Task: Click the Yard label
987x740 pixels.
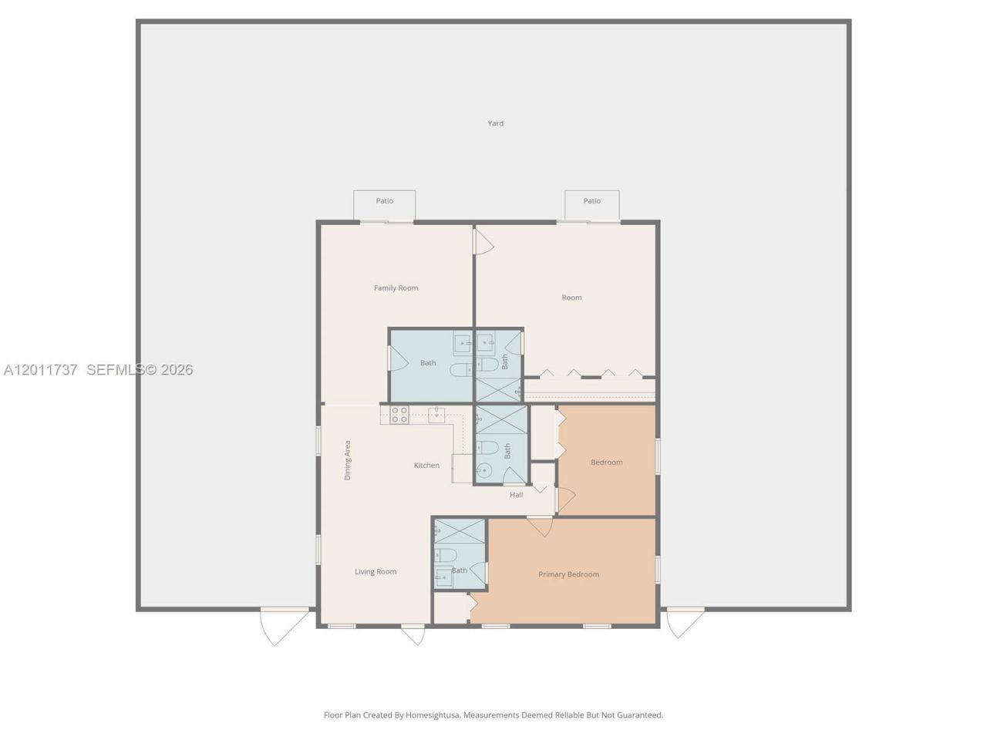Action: [495, 123]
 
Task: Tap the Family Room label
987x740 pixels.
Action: [396, 288]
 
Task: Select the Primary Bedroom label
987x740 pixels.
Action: [568, 574]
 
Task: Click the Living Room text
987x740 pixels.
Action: [376, 571]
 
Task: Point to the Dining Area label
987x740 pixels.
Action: [347, 460]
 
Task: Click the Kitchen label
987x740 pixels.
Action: [426, 465]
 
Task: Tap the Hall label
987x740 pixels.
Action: [516, 495]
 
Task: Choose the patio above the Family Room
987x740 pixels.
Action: [385, 205]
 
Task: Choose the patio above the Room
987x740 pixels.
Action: [591, 205]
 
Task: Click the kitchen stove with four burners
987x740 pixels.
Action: [399, 415]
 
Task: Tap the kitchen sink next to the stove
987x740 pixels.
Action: [436, 415]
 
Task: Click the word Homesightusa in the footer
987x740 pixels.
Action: [433, 715]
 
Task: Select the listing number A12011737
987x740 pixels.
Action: [40, 370]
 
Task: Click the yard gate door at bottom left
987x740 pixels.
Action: [285, 627]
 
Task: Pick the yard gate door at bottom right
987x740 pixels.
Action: [686, 623]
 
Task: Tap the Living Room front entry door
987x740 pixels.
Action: [413, 634]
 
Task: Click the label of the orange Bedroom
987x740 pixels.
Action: [607, 462]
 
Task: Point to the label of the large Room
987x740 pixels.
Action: [571, 298]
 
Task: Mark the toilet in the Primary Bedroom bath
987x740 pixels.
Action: [446, 555]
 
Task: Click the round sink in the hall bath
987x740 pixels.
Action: [484, 471]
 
